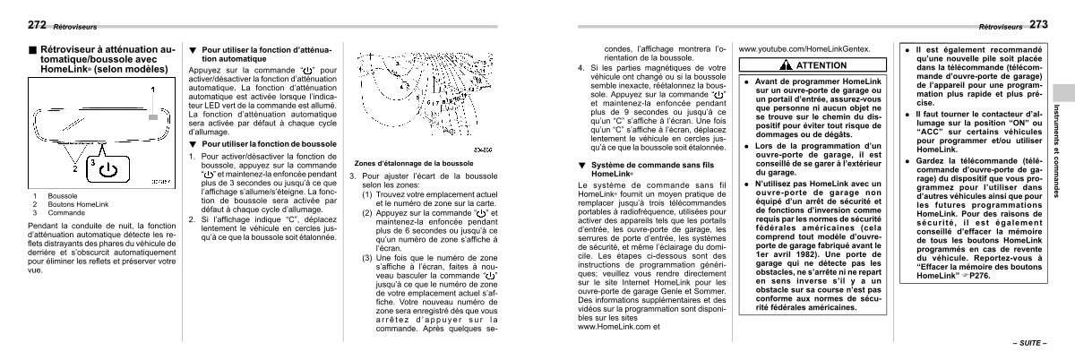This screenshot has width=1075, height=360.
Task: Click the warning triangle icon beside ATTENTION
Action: [x=785, y=65]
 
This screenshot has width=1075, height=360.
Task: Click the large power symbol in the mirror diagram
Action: [x=106, y=167]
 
